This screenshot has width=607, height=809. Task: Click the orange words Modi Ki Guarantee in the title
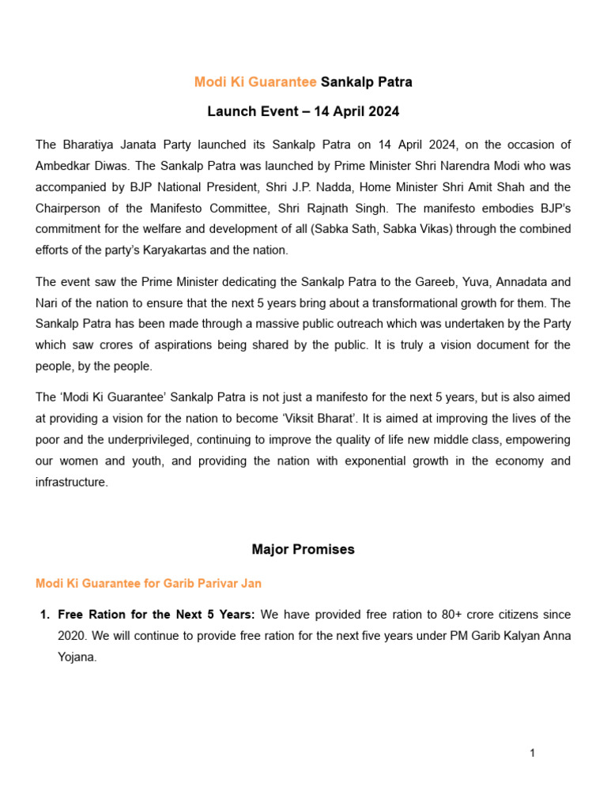255,82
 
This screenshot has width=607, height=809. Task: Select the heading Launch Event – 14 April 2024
303,112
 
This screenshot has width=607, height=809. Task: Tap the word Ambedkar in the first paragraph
64,166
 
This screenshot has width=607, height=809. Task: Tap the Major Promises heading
303,550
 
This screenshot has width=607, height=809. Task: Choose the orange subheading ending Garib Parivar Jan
149,584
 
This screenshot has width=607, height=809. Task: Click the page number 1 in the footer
533,754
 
